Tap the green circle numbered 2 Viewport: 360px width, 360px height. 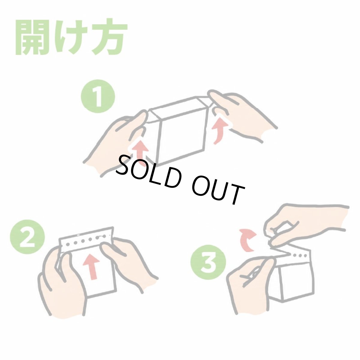[28, 236]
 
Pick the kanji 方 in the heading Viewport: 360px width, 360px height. [108, 37]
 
